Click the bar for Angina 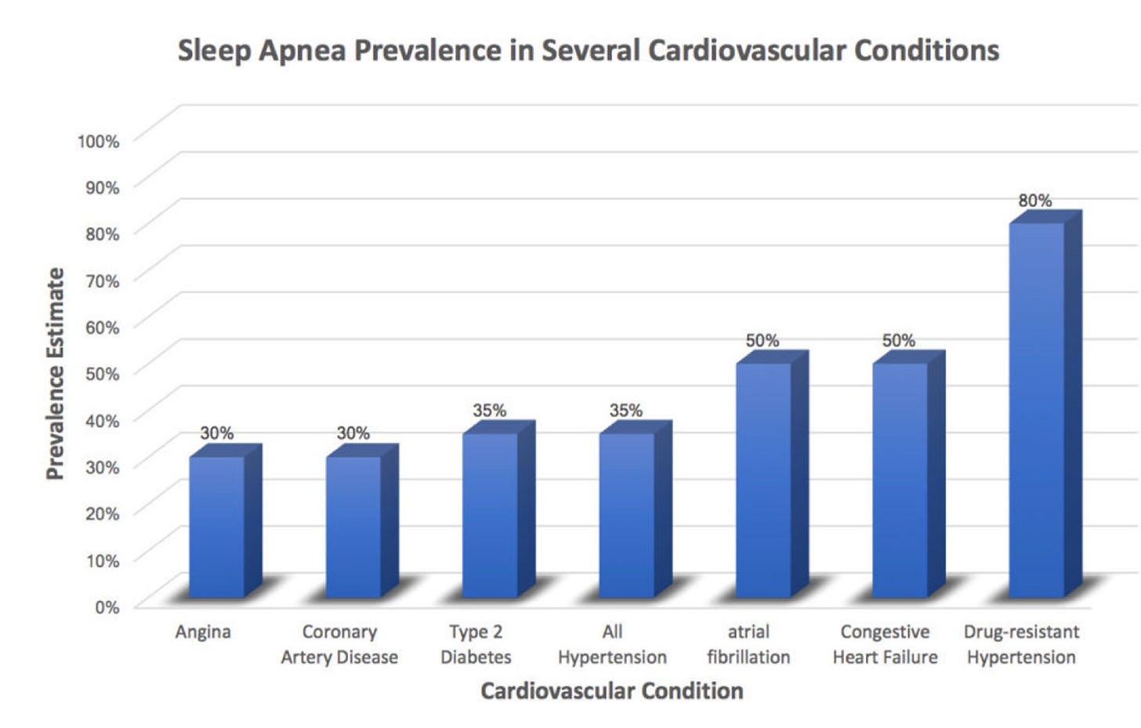(x=217, y=527)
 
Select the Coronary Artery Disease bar (x=353, y=527)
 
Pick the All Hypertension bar (x=627, y=516)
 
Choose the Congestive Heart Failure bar (x=900, y=480)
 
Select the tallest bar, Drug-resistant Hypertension (x=1037, y=410)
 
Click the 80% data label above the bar (x=1034, y=201)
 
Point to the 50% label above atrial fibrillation (x=762, y=340)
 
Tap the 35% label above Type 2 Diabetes (x=489, y=410)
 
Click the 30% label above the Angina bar (x=216, y=433)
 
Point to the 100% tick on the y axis (x=98, y=141)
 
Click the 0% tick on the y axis (x=107, y=607)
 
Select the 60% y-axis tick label (x=102, y=328)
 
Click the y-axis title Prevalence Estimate (x=55, y=374)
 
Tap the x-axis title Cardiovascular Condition (x=611, y=691)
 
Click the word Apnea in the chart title (x=302, y=50)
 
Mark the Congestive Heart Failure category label (x=885, y=644)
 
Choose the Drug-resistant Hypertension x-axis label (x=1021, y=644)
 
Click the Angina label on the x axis (x=203, y=632)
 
